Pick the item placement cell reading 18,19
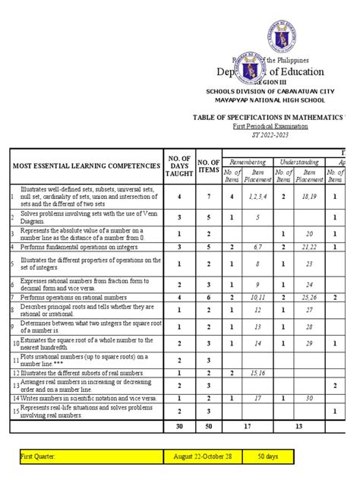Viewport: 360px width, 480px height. click(309, 196)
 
